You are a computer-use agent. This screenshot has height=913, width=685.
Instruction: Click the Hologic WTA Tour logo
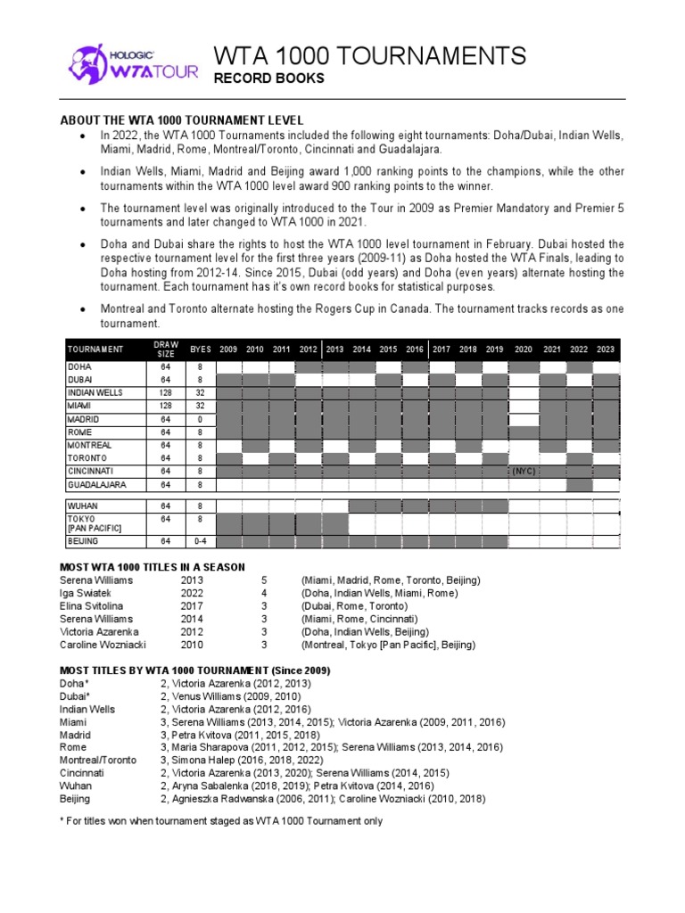132,65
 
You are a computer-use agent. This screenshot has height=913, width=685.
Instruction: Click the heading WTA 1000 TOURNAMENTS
369,56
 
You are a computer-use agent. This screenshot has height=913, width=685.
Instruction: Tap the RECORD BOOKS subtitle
268,79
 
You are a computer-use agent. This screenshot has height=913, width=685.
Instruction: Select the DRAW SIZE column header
166,349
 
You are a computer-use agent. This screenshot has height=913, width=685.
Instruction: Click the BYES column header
201,350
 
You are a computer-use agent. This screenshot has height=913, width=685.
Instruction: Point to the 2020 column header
524,350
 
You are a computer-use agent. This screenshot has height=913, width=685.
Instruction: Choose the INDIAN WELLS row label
95,392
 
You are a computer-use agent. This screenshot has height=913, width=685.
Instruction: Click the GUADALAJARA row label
96,485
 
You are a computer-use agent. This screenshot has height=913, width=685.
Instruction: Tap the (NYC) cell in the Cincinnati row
523,472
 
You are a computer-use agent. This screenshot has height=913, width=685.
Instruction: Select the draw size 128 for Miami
166,406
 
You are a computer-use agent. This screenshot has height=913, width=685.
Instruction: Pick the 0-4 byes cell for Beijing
201,541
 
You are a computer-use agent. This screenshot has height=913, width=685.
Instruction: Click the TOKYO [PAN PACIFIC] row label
95,523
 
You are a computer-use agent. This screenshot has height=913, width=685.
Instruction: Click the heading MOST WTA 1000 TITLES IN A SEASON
153,567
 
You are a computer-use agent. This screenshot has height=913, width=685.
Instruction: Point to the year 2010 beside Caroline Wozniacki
193,644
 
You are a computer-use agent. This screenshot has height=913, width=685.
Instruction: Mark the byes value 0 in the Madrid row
201,419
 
